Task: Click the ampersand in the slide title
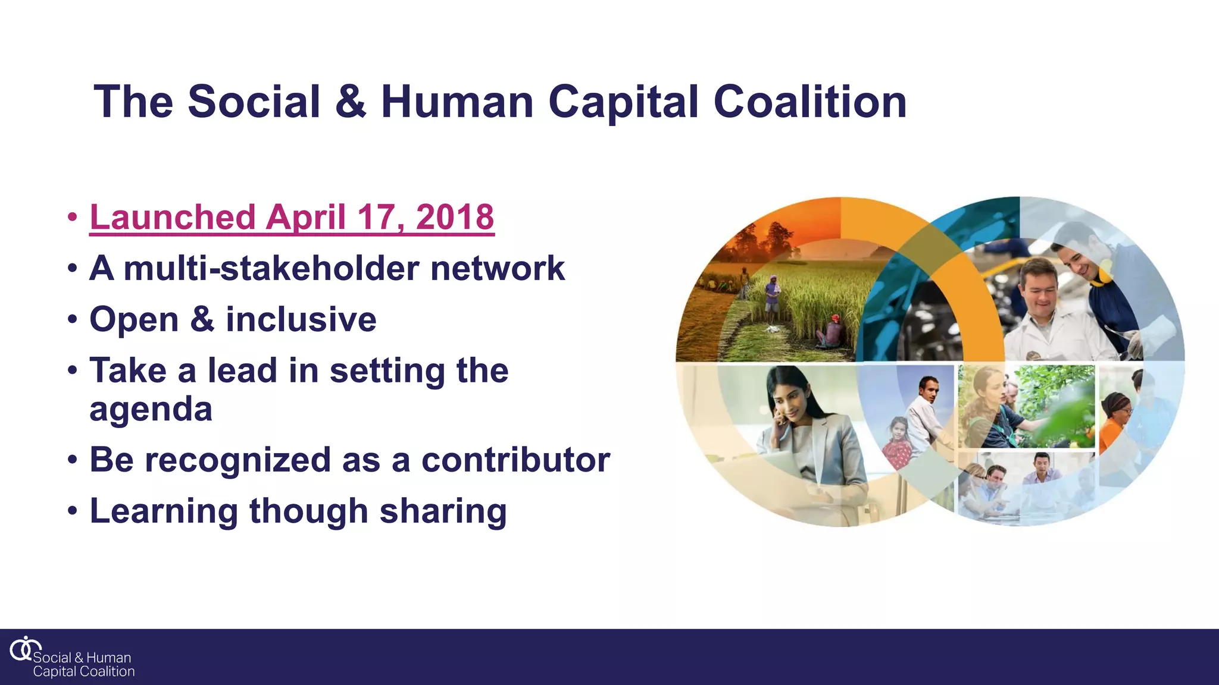[351, 102]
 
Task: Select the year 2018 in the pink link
[455, 217]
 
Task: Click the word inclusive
[301, 319]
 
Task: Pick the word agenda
[151, 410]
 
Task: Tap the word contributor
[515, 460]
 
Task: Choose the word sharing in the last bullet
[443, 511]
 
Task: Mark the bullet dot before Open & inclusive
[72, 319]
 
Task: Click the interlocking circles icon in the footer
[24, 648]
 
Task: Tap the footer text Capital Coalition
[84, 672]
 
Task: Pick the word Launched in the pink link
[173, 217]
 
